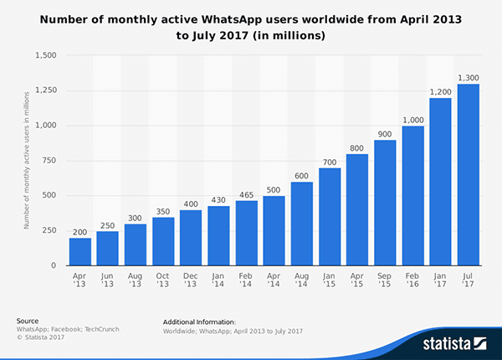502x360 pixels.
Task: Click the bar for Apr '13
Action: [x=79, y=252]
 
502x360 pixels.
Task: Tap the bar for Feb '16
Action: [x=412, y=196]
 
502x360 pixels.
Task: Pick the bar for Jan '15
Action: [x=330, y=217]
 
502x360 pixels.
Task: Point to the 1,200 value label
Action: [x=440, y=90]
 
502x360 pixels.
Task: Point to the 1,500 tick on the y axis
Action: [x=44, y=55]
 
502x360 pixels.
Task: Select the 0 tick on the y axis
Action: [x=54, y=265]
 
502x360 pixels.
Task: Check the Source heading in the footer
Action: [x=27, y=321]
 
